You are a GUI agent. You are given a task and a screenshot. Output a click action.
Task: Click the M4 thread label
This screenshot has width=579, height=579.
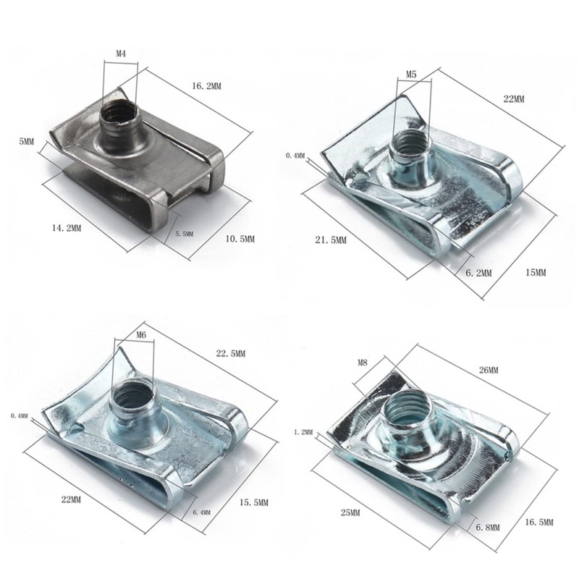(x=121, y=54)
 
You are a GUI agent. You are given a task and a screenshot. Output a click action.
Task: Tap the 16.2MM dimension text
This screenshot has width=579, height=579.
(x=206, y=86)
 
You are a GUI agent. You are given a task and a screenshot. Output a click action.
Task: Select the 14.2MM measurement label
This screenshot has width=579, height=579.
(x=67, y=228)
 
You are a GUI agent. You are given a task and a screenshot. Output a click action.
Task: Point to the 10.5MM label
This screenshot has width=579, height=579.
(x=240, y=239)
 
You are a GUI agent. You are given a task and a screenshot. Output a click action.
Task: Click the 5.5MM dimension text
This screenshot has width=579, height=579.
(x=184, y=234)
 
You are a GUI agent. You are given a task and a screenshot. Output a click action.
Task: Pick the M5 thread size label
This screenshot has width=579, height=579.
(x=411, y=75)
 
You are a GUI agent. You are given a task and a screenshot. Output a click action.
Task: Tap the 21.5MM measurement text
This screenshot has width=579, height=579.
(x=331, y=240)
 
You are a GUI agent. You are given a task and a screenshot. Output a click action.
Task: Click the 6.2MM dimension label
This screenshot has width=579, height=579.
(x=478, y=273)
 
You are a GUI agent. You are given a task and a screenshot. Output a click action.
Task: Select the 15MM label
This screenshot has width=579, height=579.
(x=536, y=273)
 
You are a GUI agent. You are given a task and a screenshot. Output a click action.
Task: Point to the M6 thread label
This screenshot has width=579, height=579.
(x=141, y=335)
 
